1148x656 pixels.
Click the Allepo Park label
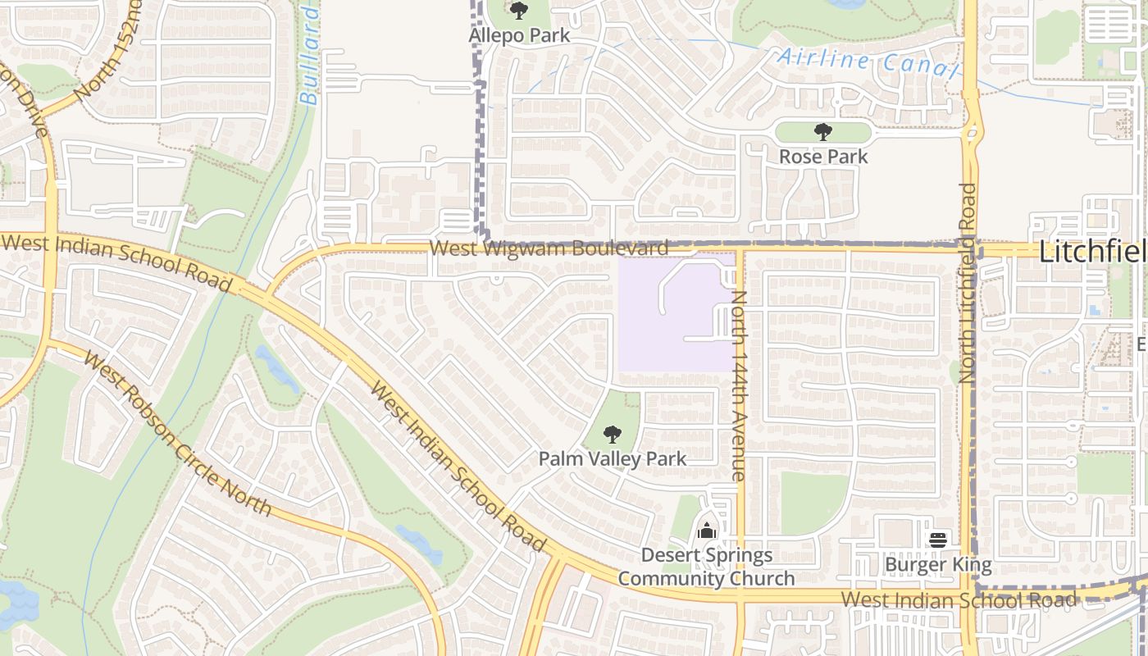pos(519,36)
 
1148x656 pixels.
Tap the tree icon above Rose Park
pos(822,132)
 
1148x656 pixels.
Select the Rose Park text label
pos(822,156)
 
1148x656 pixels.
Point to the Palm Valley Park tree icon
pos(612,435)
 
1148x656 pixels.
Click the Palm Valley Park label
pos(612,458)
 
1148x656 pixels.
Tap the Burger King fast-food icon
pos(938,540)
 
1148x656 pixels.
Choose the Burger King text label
pos(938,564)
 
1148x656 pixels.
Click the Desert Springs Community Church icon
pos(706,531)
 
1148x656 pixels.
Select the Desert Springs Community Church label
pos(706,567)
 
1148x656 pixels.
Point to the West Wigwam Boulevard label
pos(549,248)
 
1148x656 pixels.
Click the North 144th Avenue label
pos(738,385)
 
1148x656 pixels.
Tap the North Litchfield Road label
pos(968,283)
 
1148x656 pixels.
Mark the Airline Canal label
pos(867,62)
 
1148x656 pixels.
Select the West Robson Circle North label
pos(177,435)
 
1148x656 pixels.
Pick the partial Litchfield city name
pos(1092,253)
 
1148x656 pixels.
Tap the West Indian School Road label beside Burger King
pos(959,599)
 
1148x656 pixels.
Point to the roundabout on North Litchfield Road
pos(972,131)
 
